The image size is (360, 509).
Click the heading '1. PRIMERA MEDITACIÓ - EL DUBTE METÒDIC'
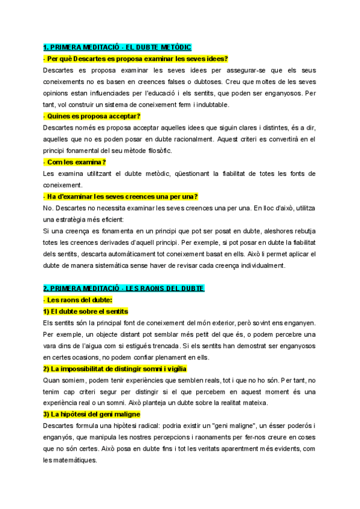[117, 47]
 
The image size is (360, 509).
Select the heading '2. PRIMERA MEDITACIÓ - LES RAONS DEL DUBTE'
[124, 288]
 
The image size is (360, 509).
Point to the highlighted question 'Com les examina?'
[75, 162]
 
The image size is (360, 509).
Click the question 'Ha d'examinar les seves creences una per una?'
[121, 196]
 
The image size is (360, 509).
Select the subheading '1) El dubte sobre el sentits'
[86, 311]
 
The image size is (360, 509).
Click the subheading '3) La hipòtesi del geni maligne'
[91, 414]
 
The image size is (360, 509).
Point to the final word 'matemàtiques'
[75, 460]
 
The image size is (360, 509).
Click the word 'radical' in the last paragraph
[145, 426]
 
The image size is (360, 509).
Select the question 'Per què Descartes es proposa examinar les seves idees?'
[136, 59]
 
